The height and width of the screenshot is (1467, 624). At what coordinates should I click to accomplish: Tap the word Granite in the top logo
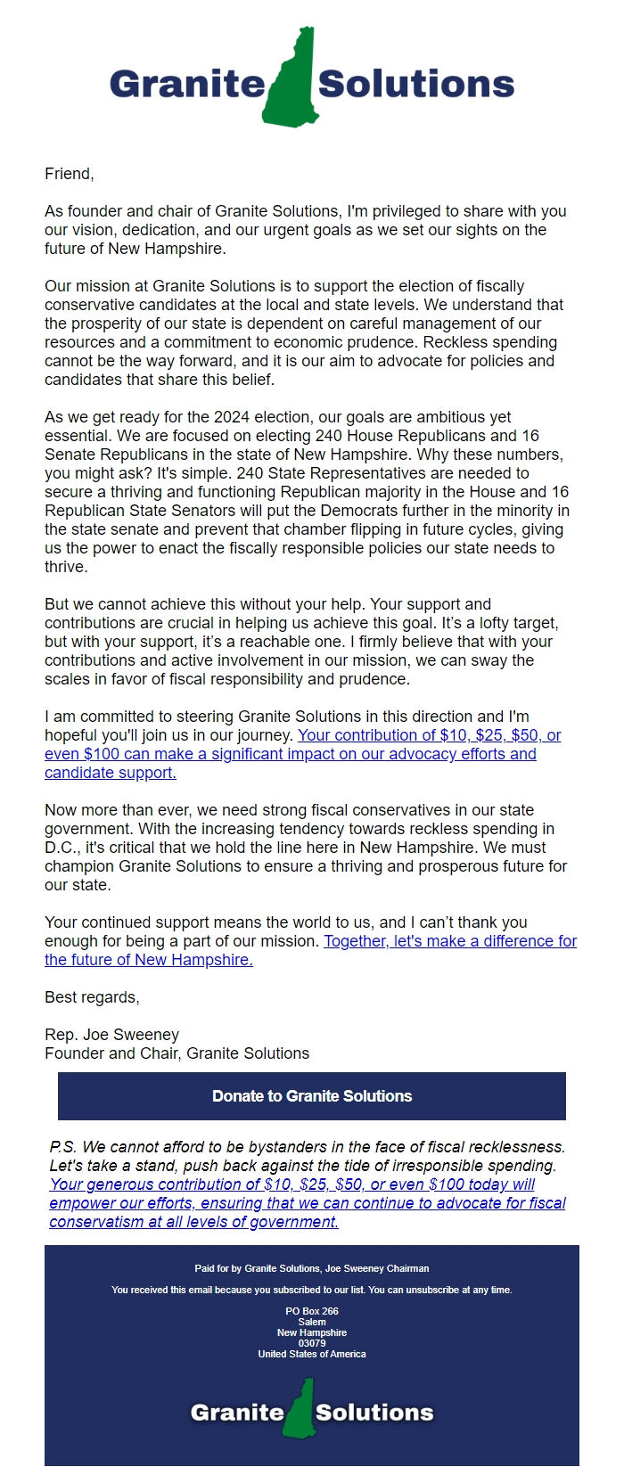pos(187,85)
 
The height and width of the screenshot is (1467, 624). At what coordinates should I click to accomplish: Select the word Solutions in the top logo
pos(415,85)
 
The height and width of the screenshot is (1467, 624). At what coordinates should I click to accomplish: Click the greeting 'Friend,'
pos(70,174)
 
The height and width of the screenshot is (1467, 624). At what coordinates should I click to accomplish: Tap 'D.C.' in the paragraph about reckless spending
pos(62,848)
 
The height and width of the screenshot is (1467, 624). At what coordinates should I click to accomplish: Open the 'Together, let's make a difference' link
pos(449,941)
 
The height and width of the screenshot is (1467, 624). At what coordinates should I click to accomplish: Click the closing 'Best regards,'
pos(92,997)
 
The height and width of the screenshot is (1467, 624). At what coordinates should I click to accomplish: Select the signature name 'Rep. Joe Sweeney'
pos(111,1035)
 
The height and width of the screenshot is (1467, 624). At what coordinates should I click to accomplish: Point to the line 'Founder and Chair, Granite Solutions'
pos(177,1053)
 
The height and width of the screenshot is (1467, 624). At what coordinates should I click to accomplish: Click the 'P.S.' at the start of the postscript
pos(63,1147)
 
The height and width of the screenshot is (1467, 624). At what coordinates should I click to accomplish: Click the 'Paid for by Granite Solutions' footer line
pos(311,1268)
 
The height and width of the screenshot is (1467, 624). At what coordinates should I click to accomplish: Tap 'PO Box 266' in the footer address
pos(311,1311)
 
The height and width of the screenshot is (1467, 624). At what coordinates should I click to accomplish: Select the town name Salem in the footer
pos(311,1322)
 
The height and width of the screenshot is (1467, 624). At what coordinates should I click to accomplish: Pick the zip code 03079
pos(311,1343)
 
